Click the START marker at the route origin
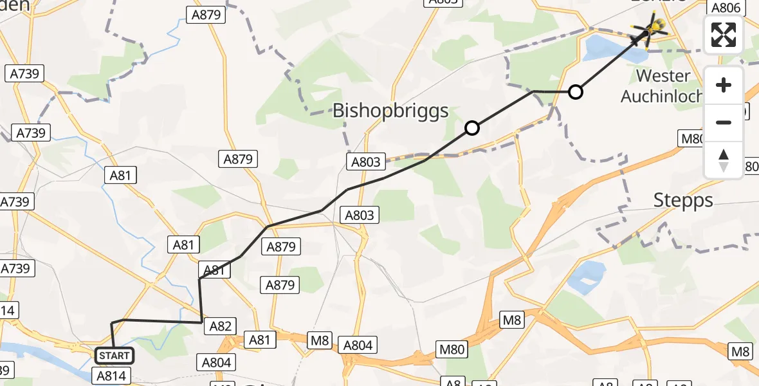coord(114,355)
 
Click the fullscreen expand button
coord(724,35)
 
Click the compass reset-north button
coord(724,160)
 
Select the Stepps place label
coord(683,200)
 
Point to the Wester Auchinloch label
coord(663,86)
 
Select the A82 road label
coord(221,327)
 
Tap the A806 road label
coord(727,8)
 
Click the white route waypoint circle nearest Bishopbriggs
coord(472,128)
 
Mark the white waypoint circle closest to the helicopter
coord(576,92)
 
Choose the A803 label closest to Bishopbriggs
coord(365,162)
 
